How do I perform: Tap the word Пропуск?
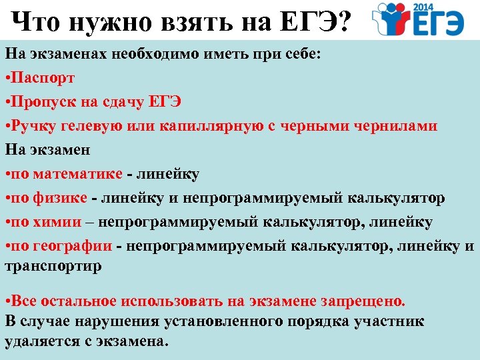tap(45, 101)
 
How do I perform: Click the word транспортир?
tap(53, 265)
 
